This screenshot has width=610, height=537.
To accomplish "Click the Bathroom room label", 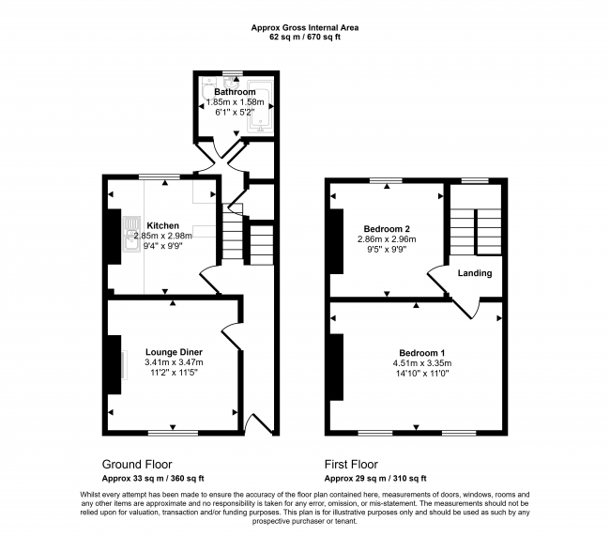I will (x=235, y=91).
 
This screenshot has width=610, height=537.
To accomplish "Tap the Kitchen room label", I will (x=162, y=225).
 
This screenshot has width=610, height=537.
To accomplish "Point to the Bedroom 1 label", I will (x=419, y=352).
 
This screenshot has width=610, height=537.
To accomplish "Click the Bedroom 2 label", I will (x=388, y=228).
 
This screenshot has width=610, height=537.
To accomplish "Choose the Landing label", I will (x=474, y=273).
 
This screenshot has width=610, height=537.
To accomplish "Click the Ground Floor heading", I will (x=137, y=464).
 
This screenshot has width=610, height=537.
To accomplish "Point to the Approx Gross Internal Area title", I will (x=304, y=28).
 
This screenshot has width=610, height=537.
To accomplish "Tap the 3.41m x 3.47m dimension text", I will (x=174, y=363).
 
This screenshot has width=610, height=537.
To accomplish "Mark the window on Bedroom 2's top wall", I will (x=384, y=178).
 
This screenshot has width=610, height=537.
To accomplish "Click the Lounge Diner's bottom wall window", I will (x=173, y=432).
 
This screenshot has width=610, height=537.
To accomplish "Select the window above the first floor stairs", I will (x=475, y=178).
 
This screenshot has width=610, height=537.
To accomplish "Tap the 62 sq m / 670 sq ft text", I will (x=304, y=38).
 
